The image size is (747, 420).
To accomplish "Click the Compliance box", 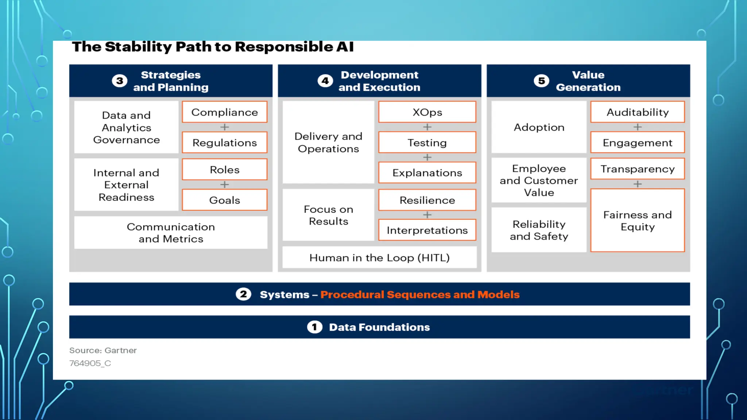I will [224, 112].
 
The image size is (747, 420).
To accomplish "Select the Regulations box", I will [224, 143].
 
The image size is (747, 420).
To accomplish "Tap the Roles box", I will [224, 170].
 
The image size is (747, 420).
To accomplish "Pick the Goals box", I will [224, 200].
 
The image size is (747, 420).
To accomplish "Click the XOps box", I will [427, 112].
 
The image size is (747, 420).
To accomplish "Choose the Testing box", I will [427, 143].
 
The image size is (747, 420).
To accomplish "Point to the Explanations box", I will [427, 172].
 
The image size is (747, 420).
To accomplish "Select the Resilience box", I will [427, 200].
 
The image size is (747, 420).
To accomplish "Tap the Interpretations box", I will [427, 230].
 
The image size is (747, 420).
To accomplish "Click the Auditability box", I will [637, 112].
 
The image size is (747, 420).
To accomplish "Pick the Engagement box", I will [637, 143].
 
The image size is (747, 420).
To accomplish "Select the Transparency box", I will [637, 169].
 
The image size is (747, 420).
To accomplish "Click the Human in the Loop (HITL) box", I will [379, 257].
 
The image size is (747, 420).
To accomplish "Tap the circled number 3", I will [120, 81].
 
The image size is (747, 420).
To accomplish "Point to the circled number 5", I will [541, 81].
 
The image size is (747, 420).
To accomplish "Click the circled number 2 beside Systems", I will [243, 294].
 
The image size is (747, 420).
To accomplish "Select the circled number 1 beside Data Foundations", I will [314, 327].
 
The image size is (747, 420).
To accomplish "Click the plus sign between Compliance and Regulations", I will [224, 127].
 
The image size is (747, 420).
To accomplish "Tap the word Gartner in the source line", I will [120, 350].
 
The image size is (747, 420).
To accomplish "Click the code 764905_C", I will [90, 363].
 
